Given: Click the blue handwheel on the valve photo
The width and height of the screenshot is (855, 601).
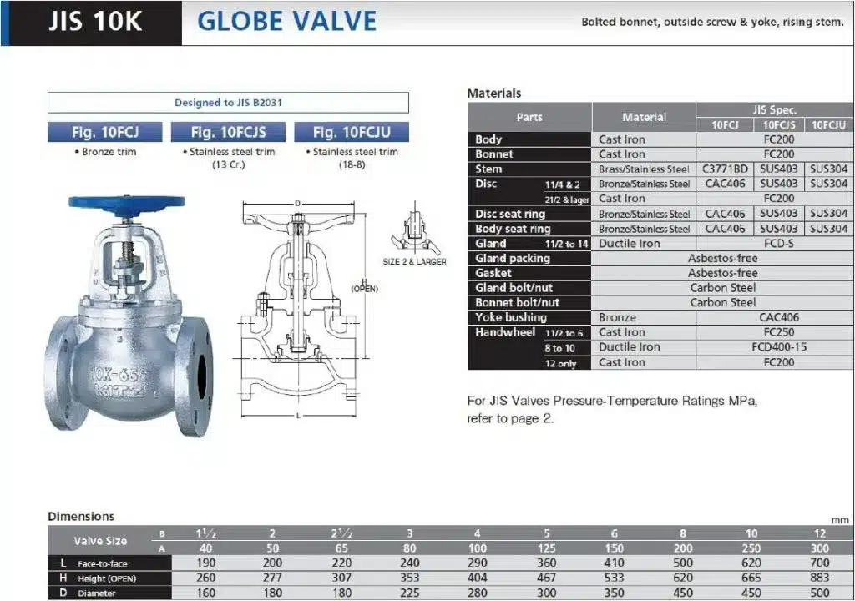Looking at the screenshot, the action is pos(127,202).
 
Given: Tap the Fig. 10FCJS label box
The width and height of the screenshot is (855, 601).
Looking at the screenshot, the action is pos(228,132).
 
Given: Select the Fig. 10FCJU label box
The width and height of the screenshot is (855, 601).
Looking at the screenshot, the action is pos(352,132).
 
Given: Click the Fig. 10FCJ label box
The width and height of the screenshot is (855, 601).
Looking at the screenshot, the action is pos(104,132).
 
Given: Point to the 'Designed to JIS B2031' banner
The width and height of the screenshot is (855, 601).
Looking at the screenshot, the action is pos(228,103).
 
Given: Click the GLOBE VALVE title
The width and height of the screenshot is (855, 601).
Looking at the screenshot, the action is pos(287,21).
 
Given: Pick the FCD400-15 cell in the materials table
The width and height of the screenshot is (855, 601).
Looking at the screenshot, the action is pos(779,347).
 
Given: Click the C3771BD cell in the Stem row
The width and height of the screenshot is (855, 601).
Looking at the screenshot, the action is pos(725,169).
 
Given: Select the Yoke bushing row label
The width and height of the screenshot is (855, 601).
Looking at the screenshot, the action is pos(511,317).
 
